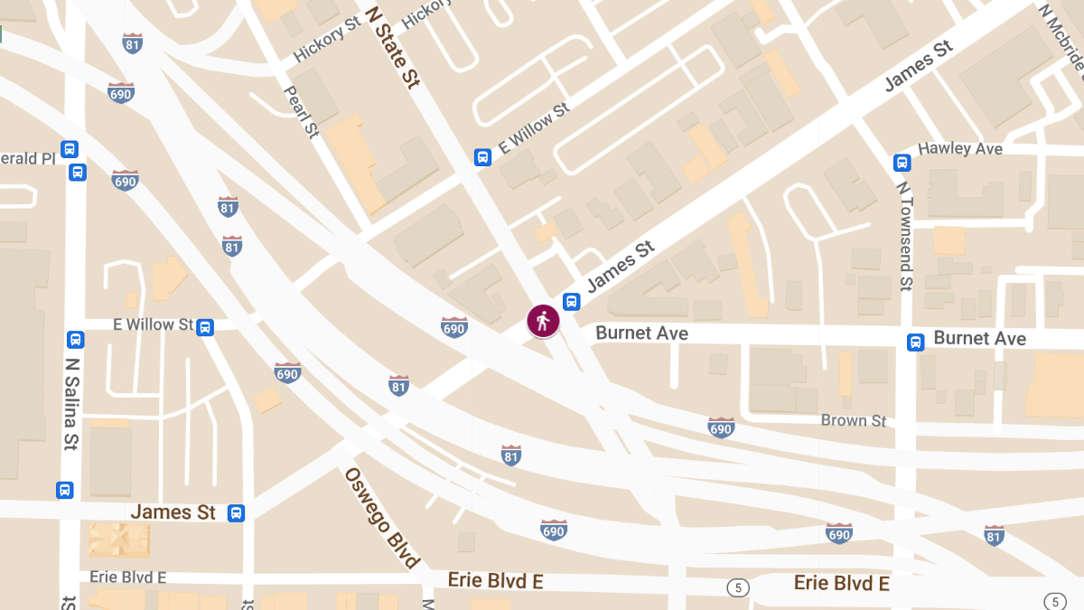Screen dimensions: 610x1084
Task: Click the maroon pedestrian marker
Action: point(543,321)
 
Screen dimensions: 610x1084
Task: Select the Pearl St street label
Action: point(302,111)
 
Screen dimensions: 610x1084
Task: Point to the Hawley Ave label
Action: point(959,148)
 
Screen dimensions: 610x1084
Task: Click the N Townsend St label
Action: point(904,235)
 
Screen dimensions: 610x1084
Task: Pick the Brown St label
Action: point(853,420)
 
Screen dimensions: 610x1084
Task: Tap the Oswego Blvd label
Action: point(381,517)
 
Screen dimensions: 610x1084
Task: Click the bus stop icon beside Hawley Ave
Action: point(902,163)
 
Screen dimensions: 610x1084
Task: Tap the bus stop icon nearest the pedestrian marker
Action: point(571,301)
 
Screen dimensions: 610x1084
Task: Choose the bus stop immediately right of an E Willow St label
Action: point(205,327)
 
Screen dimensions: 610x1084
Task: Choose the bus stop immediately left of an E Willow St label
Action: point(483,157)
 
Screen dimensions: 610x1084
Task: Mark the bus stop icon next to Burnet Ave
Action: point(916,342)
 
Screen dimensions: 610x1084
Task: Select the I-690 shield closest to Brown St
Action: point(721,427)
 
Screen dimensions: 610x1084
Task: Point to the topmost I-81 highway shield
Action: point(133,42)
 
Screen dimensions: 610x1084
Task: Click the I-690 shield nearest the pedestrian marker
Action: point(454,326)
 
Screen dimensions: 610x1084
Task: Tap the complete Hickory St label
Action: point(321,42)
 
